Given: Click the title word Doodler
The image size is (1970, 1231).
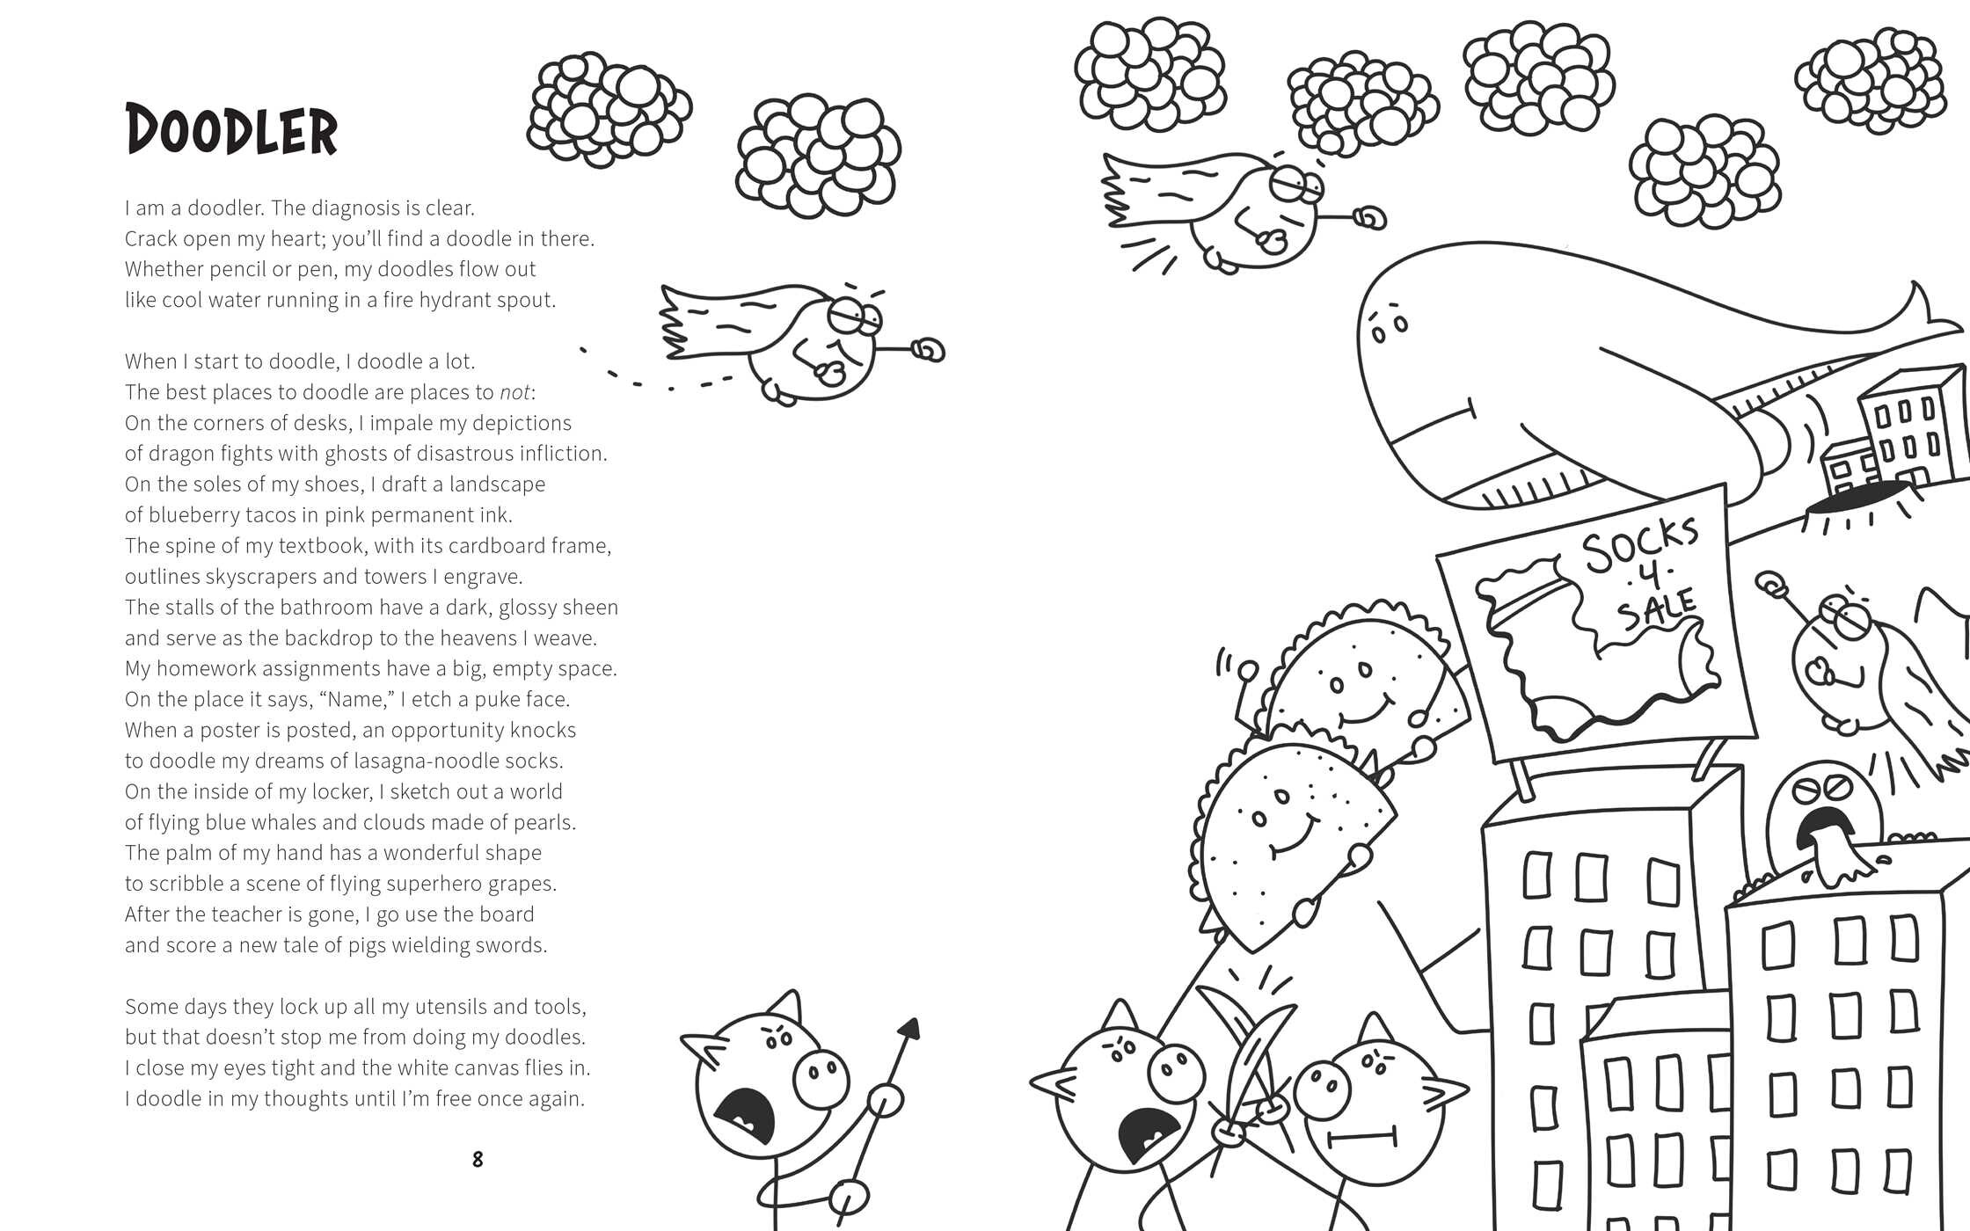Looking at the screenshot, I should tap(231, 130).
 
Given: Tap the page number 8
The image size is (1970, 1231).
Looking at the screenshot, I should tap(478, 1160).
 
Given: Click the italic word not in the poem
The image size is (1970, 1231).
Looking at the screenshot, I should tap(514, 392).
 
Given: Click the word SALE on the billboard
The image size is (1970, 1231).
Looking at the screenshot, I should tap(1658, 609).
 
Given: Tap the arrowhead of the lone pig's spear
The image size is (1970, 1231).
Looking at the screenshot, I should tap(909, 1029).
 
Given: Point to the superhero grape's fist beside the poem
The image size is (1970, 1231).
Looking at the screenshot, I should tap(928, 351).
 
